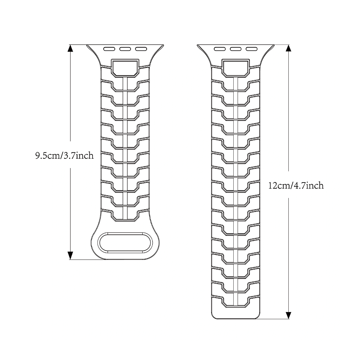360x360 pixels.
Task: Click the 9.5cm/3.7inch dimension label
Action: pyautogui.click(x=64, y=156)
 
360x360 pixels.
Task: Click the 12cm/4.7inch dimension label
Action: pyautogui.click(x=296, y=185)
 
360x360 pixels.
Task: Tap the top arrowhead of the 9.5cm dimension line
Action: pyautogui.click(x=70, y=49)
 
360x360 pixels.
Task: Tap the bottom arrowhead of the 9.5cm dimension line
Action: pyautogui.click(x=70, y=255)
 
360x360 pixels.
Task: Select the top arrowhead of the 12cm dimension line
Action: pyautogui.click(x=289, y=49)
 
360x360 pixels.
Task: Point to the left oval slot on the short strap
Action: pyautogui.click(x=109, y=49)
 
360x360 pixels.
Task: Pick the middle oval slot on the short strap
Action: pyautogui.click(x=125, y=49)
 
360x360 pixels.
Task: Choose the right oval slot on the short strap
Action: pyautogui.click(x=141, y=49)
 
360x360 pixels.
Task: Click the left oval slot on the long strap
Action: pyautogui.click(x=220, y=49)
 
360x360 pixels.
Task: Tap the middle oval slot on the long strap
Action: pyautogui.click(x=236, y=49)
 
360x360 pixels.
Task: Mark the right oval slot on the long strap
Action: pyautogui.click(x=252, y=49)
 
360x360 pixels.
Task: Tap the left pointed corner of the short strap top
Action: pyautogui.click(x=86, y=45)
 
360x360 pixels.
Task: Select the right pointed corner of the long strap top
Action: pyautogui.click(x=274, y=45)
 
